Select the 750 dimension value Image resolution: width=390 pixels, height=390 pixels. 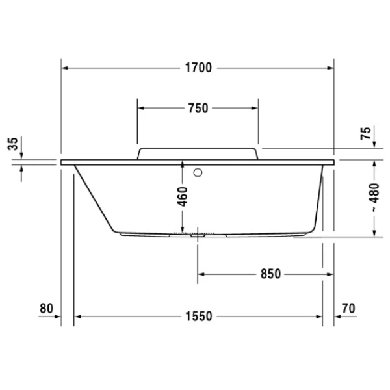198,109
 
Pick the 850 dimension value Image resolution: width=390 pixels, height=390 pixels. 270,274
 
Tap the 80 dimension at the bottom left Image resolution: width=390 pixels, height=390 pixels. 45,307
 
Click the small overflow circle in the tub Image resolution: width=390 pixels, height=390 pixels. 199,174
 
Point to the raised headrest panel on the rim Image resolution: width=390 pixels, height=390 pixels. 198,153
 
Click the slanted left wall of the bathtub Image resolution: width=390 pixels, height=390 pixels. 93,198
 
